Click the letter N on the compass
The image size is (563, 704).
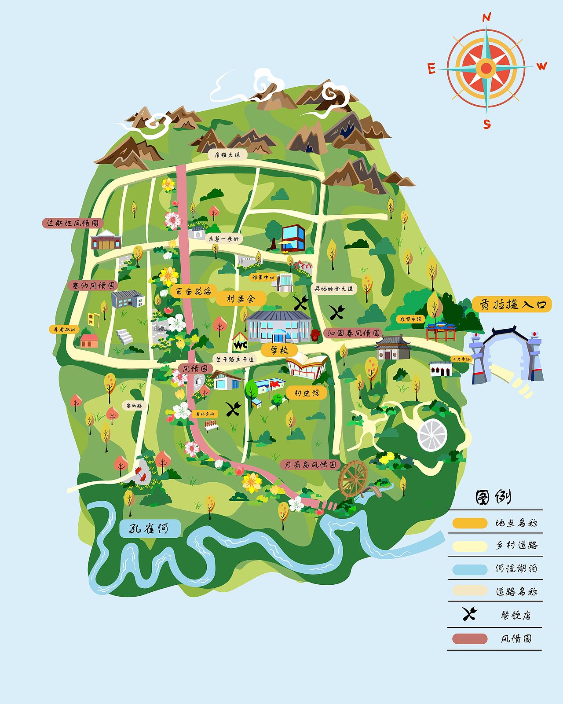click(486, 18)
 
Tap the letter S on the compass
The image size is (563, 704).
click(487, 124)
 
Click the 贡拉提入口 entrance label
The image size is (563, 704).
click(512, 304)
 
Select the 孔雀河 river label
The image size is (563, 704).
click(150, 528)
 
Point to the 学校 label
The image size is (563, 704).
click(279, 350)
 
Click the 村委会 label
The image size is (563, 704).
click(241, 299)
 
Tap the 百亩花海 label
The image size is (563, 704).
click(193, 291)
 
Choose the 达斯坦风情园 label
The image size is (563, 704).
click(73, 223)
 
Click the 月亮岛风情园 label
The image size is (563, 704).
click(311, 465)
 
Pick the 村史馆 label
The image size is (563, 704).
click(306, 392)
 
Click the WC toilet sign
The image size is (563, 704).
click(240, 343)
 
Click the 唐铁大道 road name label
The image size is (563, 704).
click(227, 155)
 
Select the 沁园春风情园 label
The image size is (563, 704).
click(353, 333)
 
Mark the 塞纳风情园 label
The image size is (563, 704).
click(93, 286)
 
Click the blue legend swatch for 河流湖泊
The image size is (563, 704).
click(470, 569)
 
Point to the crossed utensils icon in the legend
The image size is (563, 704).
click(470, 614)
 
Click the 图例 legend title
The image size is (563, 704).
click(493, 497)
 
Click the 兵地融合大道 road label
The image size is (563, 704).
click(334, 289)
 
